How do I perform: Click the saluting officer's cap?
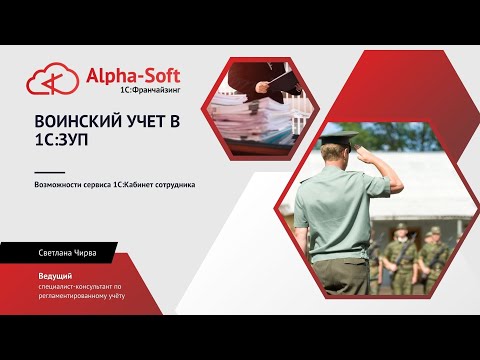click(337, 140)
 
